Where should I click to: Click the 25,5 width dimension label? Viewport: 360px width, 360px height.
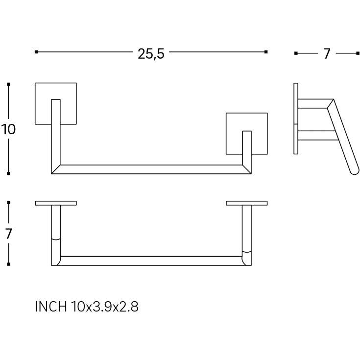[151, 54]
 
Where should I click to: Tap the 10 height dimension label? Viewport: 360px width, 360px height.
[8, 129]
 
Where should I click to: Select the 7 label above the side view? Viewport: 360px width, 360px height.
[327, 54]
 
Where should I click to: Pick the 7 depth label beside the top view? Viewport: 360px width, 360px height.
[8, 234]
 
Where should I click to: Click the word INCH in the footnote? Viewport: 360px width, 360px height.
[51, 307]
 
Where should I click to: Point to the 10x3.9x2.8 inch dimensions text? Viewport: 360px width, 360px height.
[105, 307]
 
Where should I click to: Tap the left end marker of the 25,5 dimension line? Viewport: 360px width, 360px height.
[36, 52]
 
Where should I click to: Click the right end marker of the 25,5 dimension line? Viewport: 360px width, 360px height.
[266, 52]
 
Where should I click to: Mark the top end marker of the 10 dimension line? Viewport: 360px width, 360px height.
[8, 84]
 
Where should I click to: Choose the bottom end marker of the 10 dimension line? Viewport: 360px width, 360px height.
[8, 173]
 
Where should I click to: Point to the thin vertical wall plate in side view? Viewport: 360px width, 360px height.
[296, 119]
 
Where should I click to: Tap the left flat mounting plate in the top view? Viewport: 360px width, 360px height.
[56, 203]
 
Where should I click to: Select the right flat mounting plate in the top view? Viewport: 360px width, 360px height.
[246, 203]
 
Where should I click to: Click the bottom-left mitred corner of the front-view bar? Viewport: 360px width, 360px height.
[51, 173]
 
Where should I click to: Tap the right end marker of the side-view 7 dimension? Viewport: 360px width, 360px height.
[358, 53]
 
